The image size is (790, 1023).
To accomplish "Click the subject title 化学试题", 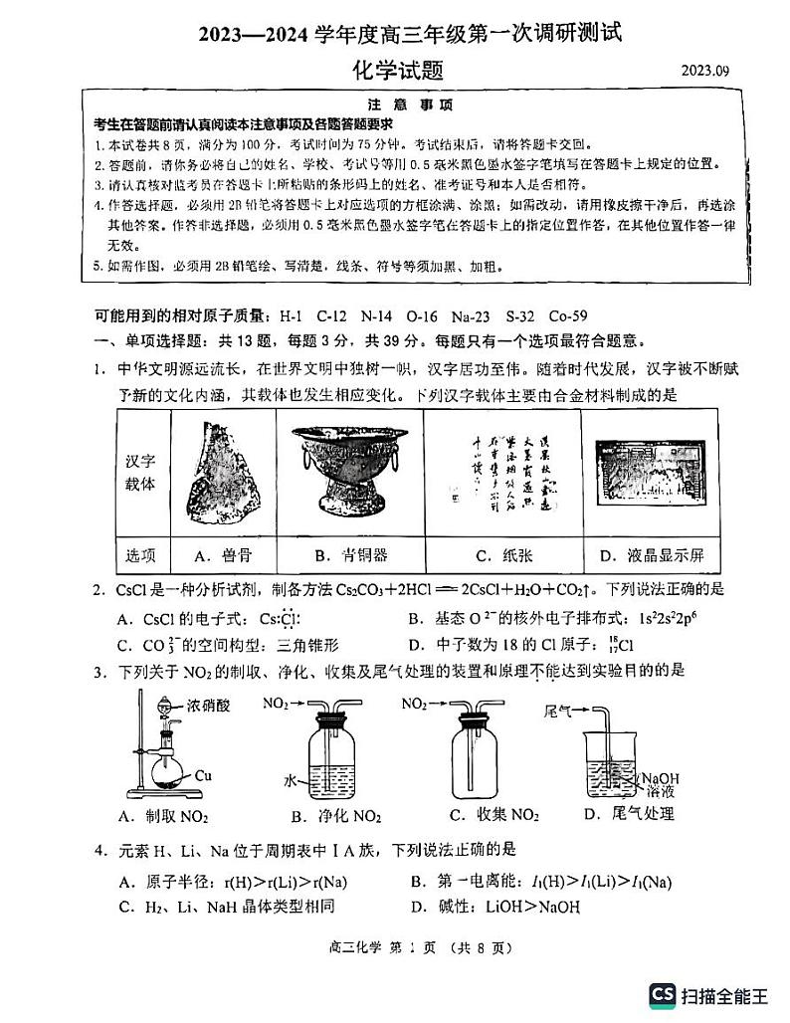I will click(397, 71).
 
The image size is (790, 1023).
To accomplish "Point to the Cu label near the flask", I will click(204, 773).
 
